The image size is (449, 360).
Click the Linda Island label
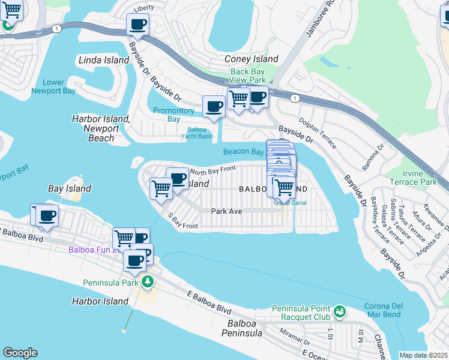(104, 61)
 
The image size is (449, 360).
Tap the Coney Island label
(251, 59)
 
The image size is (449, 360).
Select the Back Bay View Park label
(248, 76)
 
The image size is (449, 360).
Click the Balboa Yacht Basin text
(197, 132)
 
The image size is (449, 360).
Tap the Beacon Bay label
(243, 152)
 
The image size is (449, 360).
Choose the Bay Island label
(70, 188)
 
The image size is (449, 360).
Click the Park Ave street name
(226, 211)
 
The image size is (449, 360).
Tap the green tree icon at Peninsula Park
(147, 281)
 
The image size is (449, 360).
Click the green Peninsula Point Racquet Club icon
(340, 311)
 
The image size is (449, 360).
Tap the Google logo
(20, 353)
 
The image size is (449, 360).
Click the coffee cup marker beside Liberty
(137, 25)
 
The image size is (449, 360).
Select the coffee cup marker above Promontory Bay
(214, 107)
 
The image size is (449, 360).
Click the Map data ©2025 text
(424, 355)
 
